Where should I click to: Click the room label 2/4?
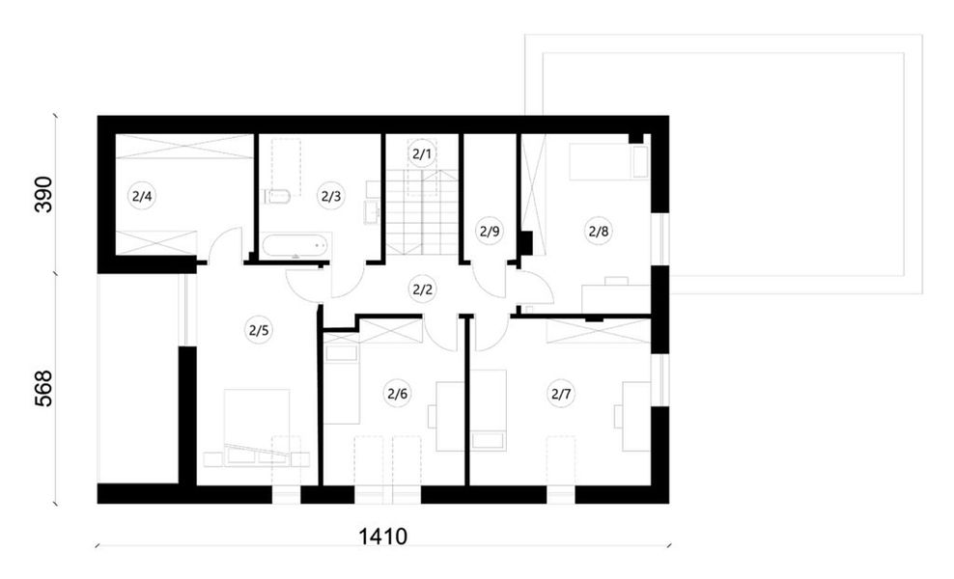tap(142, 197)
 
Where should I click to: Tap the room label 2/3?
tap(331, 197)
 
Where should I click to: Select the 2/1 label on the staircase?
tap(422, 153)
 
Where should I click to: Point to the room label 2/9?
tap(490, 231)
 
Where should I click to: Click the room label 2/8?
tap(598, 231)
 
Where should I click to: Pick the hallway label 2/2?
tap(422, 289)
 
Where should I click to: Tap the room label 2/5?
tap(258, 331)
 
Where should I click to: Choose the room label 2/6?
tap(397, 394)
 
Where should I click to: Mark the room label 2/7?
tap(561, 394)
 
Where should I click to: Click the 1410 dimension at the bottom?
tap(382, 537)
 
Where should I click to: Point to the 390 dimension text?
tap(43, 194)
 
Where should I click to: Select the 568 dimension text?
tap(43, 388)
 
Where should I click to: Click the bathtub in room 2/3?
tap(295, 246)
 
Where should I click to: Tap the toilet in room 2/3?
tap(277, 197)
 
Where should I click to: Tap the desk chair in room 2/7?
tap(618, 417)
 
